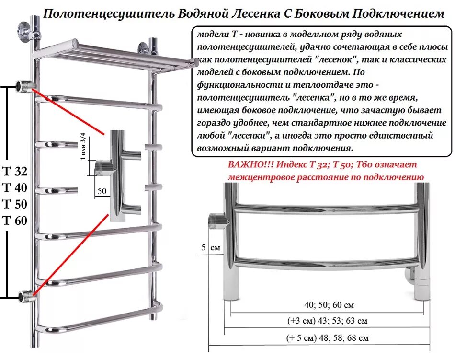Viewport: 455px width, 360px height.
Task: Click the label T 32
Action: [x=15, y=172]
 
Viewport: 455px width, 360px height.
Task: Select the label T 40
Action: [x=15, y=188]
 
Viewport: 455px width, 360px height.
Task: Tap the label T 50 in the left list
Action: [x=15, y=204]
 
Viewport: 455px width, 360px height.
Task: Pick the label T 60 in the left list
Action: [x=15, y=221]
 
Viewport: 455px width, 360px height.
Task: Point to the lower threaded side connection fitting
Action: [x=25, y=296]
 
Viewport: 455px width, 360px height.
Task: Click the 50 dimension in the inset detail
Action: [x=102, y=191]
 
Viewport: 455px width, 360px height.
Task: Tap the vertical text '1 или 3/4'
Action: [x=84, y=146]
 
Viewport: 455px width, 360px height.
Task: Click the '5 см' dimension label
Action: [x=210, y=248]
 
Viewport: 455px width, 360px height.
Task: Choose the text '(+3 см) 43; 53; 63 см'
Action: [x=328, y=321]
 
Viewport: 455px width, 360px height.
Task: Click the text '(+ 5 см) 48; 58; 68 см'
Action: [x=328, y=337]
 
